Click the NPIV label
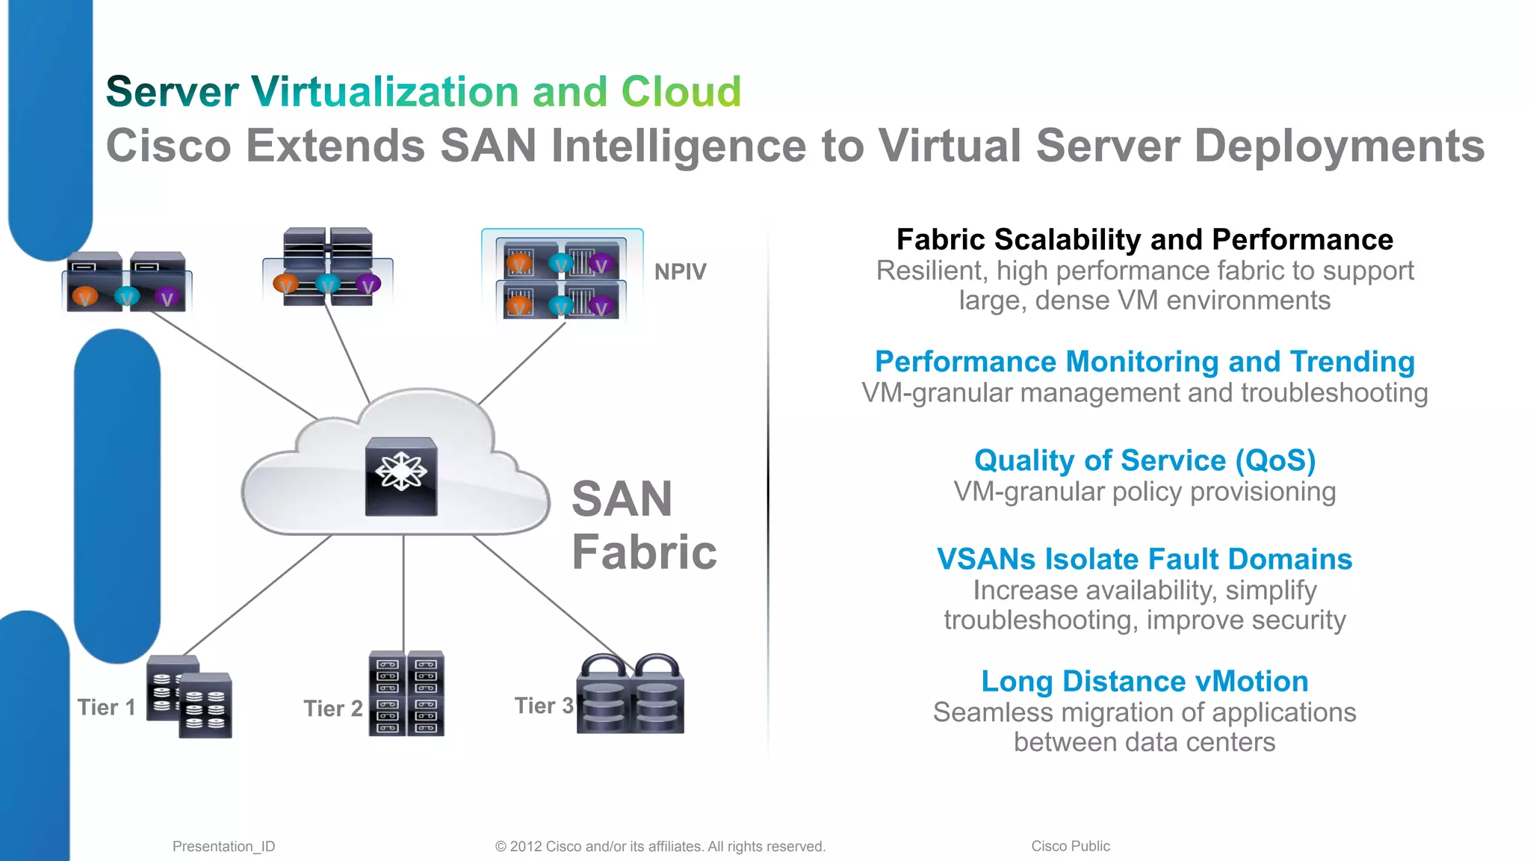(680, 271)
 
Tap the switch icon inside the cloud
(401, 477)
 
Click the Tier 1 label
(107, 707)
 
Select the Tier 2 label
(333, 708)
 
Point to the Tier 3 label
(544, 706)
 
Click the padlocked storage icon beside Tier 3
(631, 695)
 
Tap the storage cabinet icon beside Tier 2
(406, 694)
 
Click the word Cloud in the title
(681, 91)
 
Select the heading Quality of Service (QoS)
(1145, 460)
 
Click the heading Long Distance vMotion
(1145, 681)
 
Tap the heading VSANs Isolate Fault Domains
(1145, 559)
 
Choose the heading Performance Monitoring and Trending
(1145, 362)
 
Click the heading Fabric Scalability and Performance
(1145, 240)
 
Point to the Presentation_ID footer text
(223, 846)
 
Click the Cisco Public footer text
(1071, 846)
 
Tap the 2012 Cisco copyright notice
(660, 846)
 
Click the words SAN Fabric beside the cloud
(643, 525)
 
